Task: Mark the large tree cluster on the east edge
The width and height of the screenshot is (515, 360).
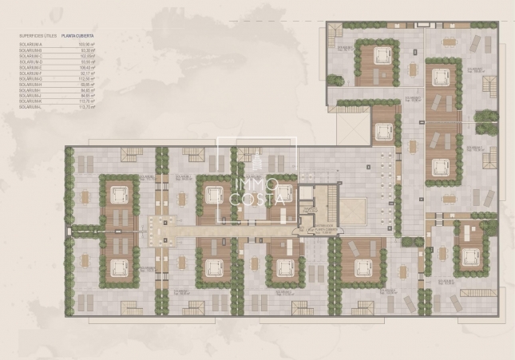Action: tap(486, 121)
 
